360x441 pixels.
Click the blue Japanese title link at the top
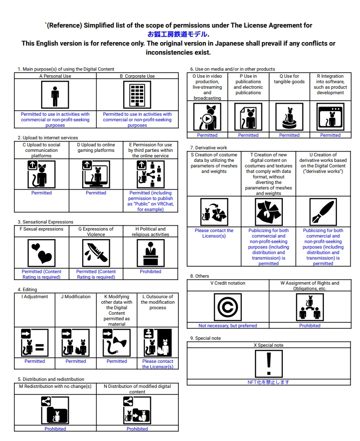coord(178,34)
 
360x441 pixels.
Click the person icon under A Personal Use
coord(55,95)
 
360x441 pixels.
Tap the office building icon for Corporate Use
coord(137,95)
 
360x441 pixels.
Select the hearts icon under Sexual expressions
coord(42,253)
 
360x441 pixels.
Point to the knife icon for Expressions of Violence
coord(96,253)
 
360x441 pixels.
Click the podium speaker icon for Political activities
coord(150,253)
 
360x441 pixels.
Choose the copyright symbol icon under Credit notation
coord(228,307)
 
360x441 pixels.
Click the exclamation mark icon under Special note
coord(269,363)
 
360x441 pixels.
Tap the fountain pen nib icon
coord(323,212)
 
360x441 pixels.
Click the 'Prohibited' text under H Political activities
coord(150,272)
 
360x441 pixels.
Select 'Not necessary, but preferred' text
coord(228,326)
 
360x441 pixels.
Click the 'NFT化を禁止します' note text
coord(269,382)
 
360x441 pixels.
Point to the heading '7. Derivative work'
coord(209,148)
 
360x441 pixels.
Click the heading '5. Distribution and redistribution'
coord(51,379)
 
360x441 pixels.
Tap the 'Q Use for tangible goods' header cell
coord(289,79)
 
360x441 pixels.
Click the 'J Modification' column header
coord(76,297)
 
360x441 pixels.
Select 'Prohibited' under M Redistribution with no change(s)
coord(55,429)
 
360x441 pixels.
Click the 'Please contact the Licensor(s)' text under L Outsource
coord(158,364)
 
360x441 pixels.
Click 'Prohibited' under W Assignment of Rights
coord(310,326)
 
